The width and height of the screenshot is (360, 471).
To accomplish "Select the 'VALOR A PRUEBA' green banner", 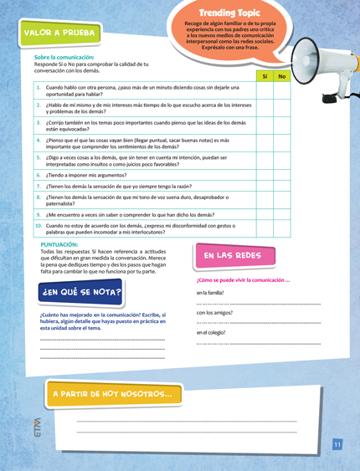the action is pyautogui.click(x=60, y=33).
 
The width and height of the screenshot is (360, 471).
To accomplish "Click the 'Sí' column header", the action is pyautogui.click(x=264, y=77).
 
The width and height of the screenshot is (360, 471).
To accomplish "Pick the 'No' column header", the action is pyautogui.click(x=282, y=77).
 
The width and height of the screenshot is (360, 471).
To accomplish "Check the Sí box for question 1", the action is pyautogui.click(x=264, y=90).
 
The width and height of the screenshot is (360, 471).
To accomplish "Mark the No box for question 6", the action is pyautogui.click(x=282, y=175).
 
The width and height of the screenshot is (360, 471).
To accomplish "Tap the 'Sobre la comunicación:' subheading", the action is pyautogui.click(x=64, y=57).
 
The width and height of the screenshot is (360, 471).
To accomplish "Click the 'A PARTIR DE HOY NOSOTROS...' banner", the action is pyautogui.click(x=113, y=393).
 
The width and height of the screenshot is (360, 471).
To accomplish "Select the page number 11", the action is pyautogui.click(x=337, y=444).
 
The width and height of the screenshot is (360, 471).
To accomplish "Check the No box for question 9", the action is pyautogui.click(x=282, y=214).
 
